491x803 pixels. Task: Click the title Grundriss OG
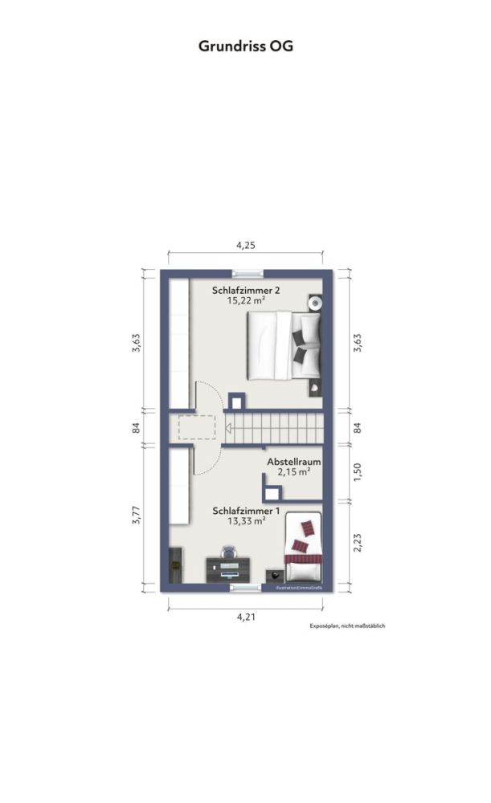pyautogui.click(x=245, y=47)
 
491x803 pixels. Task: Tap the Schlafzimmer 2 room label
pyautogui.click(x=246, y=290)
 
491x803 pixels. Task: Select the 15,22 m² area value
pyautogui.click(x=246, y=300)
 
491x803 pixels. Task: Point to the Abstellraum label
pyautogui.click(x=294, y=463)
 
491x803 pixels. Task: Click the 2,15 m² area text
pyautogui.click(x=294, y=473)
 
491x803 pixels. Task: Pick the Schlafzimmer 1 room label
pyautogui.click(x=246, y=510)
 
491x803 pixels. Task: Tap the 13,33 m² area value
pyautogui.click(x=246, y=520)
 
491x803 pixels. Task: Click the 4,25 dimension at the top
pyautogui.click(x=245, y=247)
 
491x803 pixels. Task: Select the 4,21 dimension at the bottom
pyautogui.click(x=246, y=617)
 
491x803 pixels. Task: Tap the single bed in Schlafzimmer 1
pyautogui.click(x=303, y=548)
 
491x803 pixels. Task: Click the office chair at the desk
pyautogui.click(x=228, y=552)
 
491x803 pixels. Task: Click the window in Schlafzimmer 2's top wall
pyautogui.click(x=246, y=273)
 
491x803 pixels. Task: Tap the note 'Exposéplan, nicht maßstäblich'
pyautogui.click(x=348, y=626)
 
